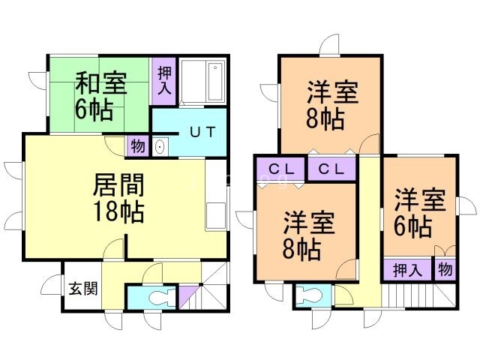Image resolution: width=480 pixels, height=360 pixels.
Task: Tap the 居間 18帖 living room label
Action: click(x=119, y=197)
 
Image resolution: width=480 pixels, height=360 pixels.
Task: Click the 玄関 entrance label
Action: click(x=81, y=288)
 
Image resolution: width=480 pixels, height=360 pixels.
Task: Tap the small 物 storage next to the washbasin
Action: click(x=137, y=145)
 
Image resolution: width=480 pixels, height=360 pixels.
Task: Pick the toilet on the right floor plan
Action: click(x=307, y=295)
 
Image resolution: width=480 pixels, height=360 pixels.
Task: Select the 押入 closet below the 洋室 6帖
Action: click(x=406, y=270)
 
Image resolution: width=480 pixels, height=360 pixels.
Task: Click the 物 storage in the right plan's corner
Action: click(x=445, y=269)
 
